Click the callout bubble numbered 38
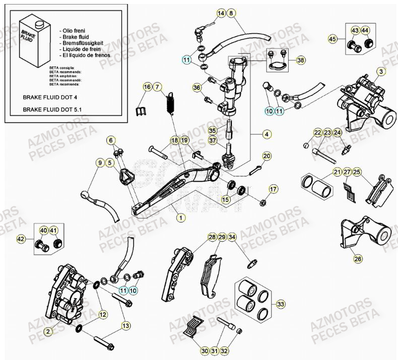coord(301,60)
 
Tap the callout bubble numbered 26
coord(358,259)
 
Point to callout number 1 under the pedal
coord(179,218)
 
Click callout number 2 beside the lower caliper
coord(48,331)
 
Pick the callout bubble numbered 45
coord(332,39)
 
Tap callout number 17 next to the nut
coord(273,189)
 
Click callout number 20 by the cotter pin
coord(267,156)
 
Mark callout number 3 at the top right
coord(381,72)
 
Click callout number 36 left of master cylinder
coord(196,88)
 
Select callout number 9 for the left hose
coord(100,163)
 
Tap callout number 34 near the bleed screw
coord(232,237)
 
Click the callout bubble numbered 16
coord(147,88)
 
